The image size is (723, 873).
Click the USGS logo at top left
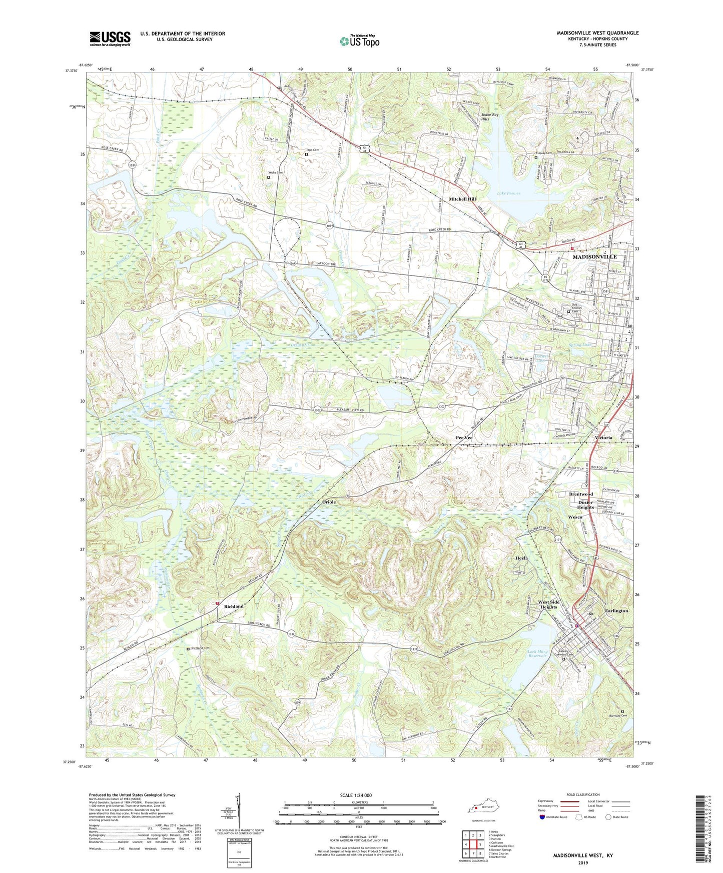[110, 38]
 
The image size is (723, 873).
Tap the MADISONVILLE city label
[594, 256]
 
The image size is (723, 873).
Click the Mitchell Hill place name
[462, 199]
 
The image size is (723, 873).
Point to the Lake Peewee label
[509, 193]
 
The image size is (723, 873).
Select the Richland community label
[234, 606]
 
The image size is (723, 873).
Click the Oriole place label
[329, 501]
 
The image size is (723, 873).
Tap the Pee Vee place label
[464, 437]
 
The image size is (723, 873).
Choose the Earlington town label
[616, 611]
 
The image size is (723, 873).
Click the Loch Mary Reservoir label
[539, 653]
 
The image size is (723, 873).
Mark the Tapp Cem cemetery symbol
[306, 154]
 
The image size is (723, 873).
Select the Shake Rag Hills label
[490, 117]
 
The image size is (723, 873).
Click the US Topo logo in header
[359, 41]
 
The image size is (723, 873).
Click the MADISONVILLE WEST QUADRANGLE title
[597, 33]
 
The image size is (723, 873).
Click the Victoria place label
[603, 437]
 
